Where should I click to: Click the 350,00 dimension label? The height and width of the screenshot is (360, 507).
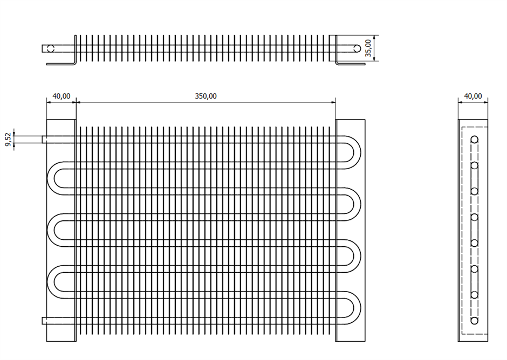(205, 96)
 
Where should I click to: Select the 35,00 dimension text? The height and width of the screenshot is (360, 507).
(368, 48)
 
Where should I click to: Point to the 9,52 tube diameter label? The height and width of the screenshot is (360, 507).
(9, 139)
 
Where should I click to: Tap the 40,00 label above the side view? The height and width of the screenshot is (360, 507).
(472, 96)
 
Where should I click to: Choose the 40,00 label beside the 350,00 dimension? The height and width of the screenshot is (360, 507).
(61, 96)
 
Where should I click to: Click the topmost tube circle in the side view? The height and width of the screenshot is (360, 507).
(474, 140)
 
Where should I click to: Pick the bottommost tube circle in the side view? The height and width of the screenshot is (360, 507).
(474, 321)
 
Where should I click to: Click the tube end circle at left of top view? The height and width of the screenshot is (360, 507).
(51, 49)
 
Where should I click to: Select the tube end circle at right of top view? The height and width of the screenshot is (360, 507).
(357, 49)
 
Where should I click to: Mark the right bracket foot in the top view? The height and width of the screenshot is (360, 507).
(351, 64)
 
